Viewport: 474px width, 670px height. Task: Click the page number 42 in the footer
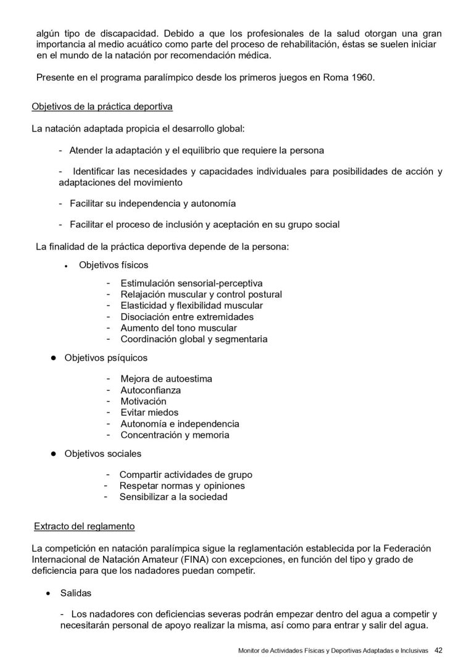(439, 650)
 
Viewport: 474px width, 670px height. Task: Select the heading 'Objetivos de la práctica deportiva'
(102, 106)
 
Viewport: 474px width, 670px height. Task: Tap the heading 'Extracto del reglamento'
(84, 527)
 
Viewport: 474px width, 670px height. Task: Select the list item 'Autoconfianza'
(151, 390)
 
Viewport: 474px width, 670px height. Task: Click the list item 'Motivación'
(143, 401)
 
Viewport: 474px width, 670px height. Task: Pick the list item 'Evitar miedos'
(149, 412)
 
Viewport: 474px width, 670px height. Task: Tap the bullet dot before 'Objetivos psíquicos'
(53, 358)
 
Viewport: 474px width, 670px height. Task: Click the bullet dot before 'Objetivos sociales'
(53, 453)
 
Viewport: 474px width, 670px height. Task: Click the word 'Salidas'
(75, 593)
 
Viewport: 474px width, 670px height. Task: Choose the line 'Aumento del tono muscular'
(178, 328)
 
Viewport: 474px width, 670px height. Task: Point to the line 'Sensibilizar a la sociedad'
(173, 496)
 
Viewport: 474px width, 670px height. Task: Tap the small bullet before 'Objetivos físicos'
(65, 266)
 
